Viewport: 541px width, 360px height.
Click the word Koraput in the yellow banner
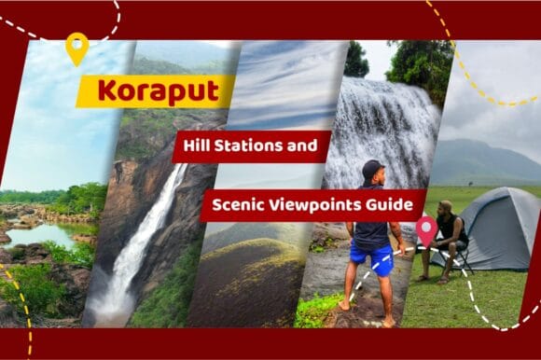click(151, 91)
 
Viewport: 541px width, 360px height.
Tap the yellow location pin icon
click(76, 48)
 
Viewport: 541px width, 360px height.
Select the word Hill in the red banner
click(201, 146)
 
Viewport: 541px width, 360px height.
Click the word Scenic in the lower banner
click(238, 204)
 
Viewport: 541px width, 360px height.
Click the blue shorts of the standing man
click(371, 257)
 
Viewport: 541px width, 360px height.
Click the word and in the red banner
click(312, 146)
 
